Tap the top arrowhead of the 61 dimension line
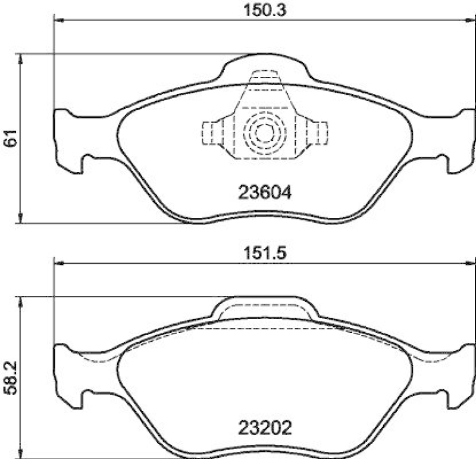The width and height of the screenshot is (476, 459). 21,58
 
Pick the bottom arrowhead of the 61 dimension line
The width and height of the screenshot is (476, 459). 21,219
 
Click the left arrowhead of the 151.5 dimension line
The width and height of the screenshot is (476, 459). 58,264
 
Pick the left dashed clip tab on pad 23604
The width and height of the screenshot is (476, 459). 209,132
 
